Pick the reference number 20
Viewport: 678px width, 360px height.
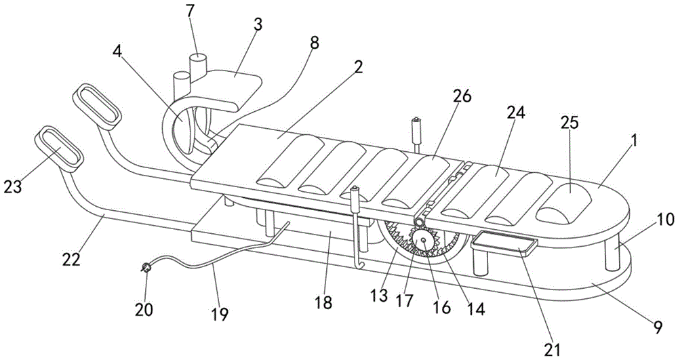click(144, 310)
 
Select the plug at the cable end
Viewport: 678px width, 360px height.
click(144, 269)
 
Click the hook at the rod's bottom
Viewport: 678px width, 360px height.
click(361, 263)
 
